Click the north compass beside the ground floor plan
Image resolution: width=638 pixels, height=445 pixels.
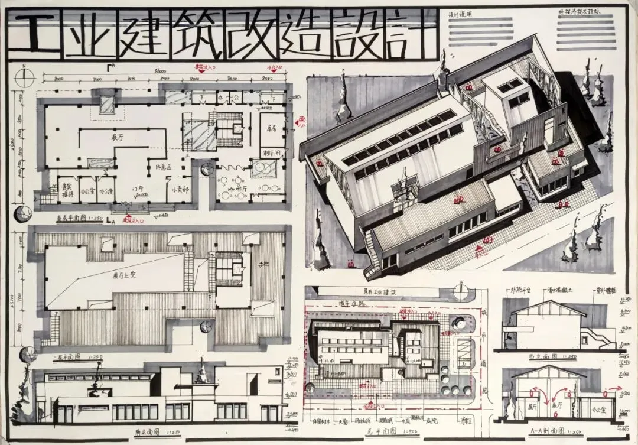(x=24, y=77)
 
